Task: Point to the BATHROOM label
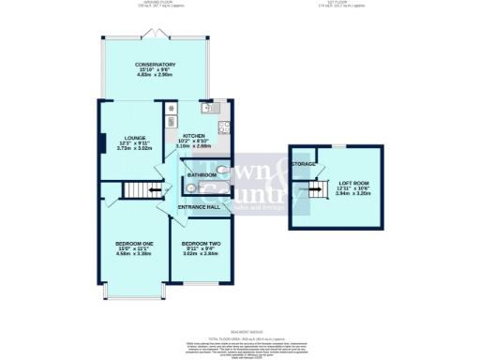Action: pos(202,175)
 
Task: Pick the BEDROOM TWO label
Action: pos(200,241)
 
